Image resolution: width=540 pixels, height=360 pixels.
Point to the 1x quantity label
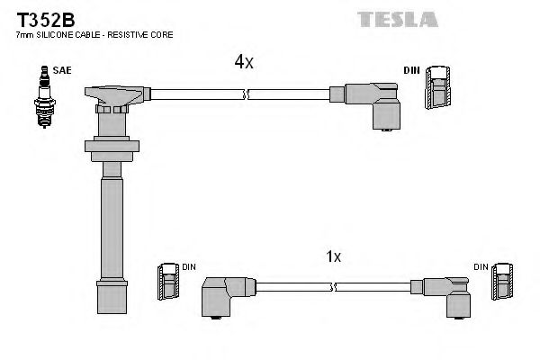click(x=332, y=256)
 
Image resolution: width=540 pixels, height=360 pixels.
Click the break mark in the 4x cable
click(x=245, y=93)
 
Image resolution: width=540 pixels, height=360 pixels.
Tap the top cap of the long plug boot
click(x=112, y=93)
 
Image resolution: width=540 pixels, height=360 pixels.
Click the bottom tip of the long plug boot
click(x=112, y=298)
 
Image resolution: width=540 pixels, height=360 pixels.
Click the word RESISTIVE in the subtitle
click(x=126, y=34)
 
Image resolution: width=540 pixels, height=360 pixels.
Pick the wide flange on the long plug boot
click(x=112, y=145)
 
